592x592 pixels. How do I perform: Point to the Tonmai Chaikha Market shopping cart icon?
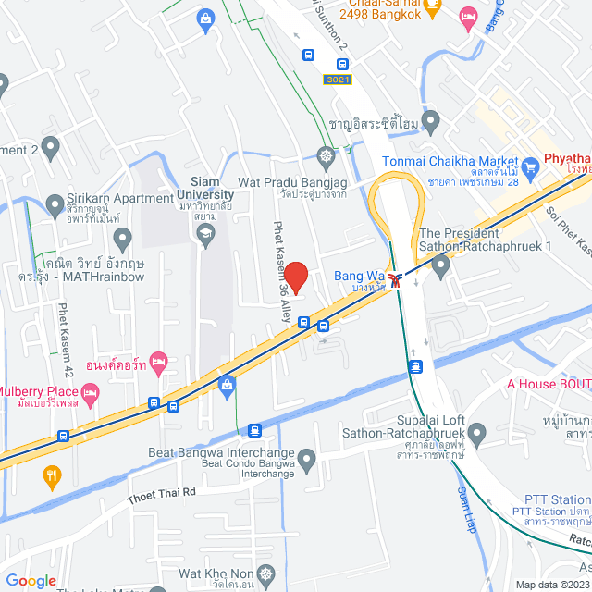[x=530, y=167]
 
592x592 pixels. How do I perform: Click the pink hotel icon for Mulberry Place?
[x=91, y=396]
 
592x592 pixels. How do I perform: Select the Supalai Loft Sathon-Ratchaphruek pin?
[x=476, y=432]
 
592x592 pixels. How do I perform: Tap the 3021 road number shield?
[x=338, y=80]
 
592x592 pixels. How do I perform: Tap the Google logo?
[x=31, y=580]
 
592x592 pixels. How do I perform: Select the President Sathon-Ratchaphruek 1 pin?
[x=440, y=266]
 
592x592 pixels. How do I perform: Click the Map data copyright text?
[x=551, y=585]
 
